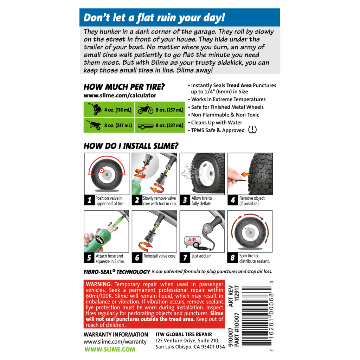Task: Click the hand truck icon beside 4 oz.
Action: click(x=95, y=109)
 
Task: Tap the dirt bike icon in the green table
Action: click(x=145, y=109)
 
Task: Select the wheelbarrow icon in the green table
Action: click(x=94, y=125)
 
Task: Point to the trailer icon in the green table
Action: click(x=146, y=126)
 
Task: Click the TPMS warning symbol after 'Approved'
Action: click(x=252, y=130)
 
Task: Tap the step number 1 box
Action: click(x=89, y=200)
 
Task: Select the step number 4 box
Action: click(x=233, y=200)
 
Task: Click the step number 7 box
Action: click(x=185, y=258)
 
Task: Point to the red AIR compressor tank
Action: click(x=192, y=240)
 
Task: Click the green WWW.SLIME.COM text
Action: click(x=110, y=349)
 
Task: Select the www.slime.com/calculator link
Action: click(x=120, y=95)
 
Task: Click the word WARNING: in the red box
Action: click(x=99, y=284)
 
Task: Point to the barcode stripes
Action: click(x=256, y=316)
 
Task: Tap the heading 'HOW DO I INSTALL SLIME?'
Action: click(x=131, y=146)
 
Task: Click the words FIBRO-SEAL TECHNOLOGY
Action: click(x=117, y=272)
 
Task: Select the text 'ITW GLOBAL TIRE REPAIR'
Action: click(x=184, y=334)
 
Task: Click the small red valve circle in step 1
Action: click(x=102, y=171)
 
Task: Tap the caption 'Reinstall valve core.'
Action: click(x=160, y=256)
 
